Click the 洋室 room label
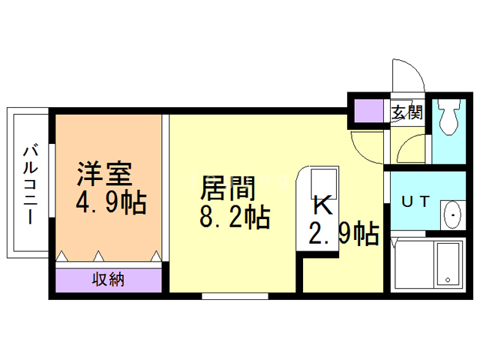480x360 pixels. [x=105, y=174]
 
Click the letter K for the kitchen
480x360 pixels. [x=321, y=204]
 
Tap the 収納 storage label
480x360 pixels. [x=109, y=280]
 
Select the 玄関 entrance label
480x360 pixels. [x=406, y=113]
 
